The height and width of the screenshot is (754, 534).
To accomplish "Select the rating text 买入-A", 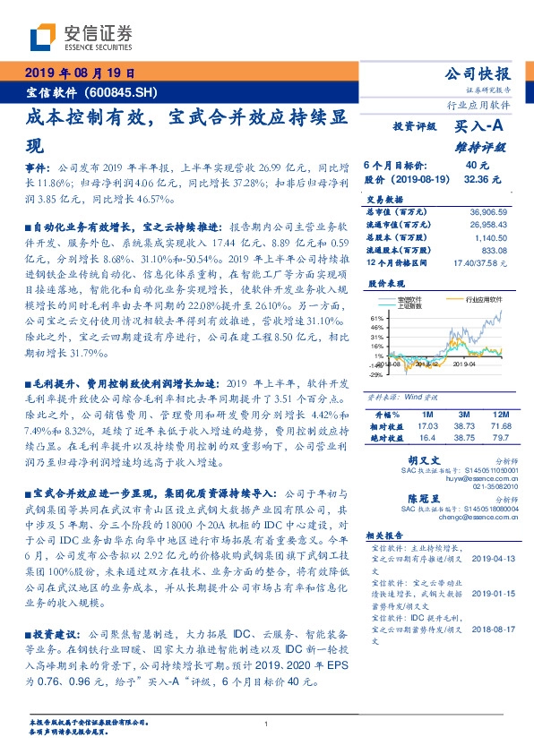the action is tap(480, 128).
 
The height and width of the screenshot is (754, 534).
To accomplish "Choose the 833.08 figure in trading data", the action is tap(495, 251).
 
